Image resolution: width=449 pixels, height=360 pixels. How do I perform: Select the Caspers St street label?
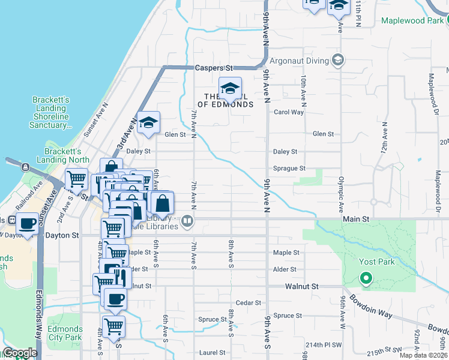coord(214,68)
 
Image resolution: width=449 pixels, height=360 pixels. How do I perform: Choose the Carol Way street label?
coord(289,112)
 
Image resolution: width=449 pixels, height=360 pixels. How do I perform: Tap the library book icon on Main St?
coord(188,221)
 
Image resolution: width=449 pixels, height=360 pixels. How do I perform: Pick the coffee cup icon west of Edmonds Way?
coord(27,224)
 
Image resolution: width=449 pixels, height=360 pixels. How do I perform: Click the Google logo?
coord(20,353)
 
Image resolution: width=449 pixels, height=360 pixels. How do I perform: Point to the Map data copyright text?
coord(424,355)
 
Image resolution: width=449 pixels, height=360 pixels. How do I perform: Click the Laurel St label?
coord(212,353)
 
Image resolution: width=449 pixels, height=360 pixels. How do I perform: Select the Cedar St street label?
coord(249,303)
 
